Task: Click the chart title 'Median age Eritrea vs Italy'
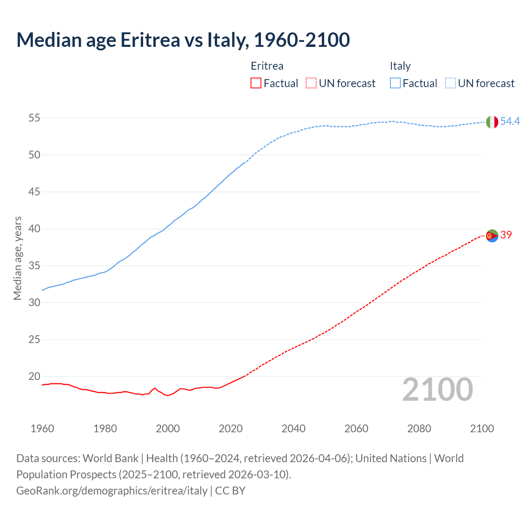(x=183, y=40)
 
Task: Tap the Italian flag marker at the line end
(x=492, y=122)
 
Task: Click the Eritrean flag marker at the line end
(x=492, y=236)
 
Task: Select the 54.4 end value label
(x=510, y=122)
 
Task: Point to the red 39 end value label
(x=506, y=235)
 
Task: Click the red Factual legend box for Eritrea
(x=256, y=83)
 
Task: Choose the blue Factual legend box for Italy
(x=395, y=83)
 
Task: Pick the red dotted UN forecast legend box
(x=311, y=83)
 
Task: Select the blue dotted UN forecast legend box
(x=451, y=83)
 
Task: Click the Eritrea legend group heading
(x=267, y=66)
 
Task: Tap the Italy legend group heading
(x=400, y=66)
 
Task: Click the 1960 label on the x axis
(x=42, y=429)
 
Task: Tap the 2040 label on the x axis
(x=293, y=429)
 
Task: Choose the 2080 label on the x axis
(x=419, y=429)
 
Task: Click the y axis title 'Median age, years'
(x=17, y=258)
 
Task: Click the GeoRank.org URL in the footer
(x=112, y=491)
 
